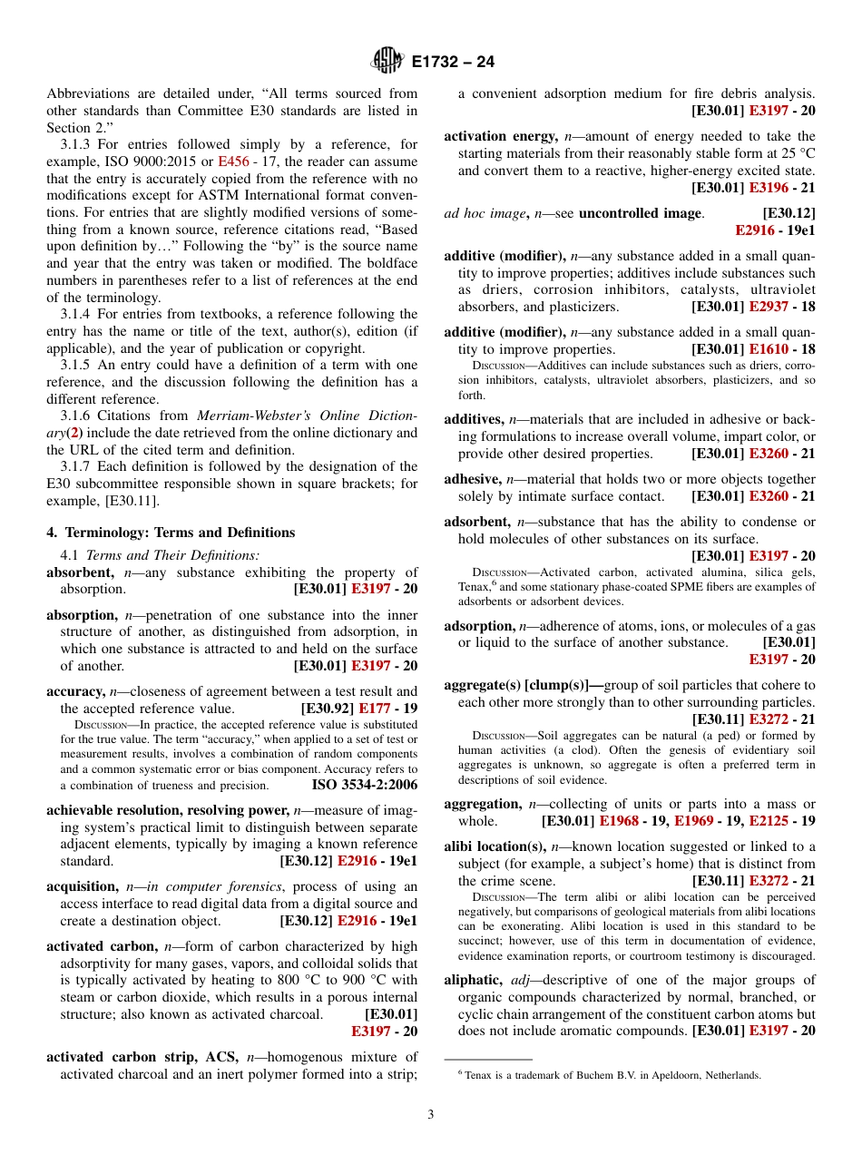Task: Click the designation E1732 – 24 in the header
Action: point(453,63)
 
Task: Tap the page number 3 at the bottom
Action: point(431,1114)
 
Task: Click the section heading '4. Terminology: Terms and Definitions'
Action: point(171,533)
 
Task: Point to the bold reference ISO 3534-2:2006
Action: point(365,785)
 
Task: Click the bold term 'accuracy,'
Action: point(76,691)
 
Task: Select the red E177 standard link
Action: point(375,709)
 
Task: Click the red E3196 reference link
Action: point(768,188)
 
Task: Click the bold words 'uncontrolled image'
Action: point(640,213)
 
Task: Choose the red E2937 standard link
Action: point(768,307)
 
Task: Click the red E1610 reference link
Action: point(768,349)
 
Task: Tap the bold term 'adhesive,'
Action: point(472,479)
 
